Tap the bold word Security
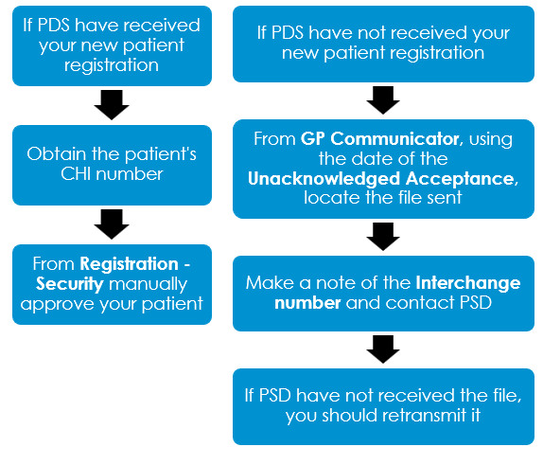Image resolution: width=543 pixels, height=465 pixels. coord(70,284)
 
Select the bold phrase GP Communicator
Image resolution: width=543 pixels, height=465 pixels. coord(380,138)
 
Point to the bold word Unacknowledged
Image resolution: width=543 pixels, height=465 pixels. coord(324,179)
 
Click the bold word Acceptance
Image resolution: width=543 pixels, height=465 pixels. coord(461,179)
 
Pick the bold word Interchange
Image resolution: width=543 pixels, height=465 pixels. coord(468,283)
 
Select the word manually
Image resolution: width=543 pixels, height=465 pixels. coord(148,284)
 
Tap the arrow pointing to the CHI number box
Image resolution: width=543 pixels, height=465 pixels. coord(112,105)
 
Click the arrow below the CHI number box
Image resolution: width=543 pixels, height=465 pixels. coord(112,224)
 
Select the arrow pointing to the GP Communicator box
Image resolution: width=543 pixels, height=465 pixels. coord(383,100)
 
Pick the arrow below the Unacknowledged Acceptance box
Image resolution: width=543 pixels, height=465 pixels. coord(383,237)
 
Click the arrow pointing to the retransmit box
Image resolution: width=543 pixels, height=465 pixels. coord(383,349)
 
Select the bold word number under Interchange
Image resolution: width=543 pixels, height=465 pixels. coord(307,303)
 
